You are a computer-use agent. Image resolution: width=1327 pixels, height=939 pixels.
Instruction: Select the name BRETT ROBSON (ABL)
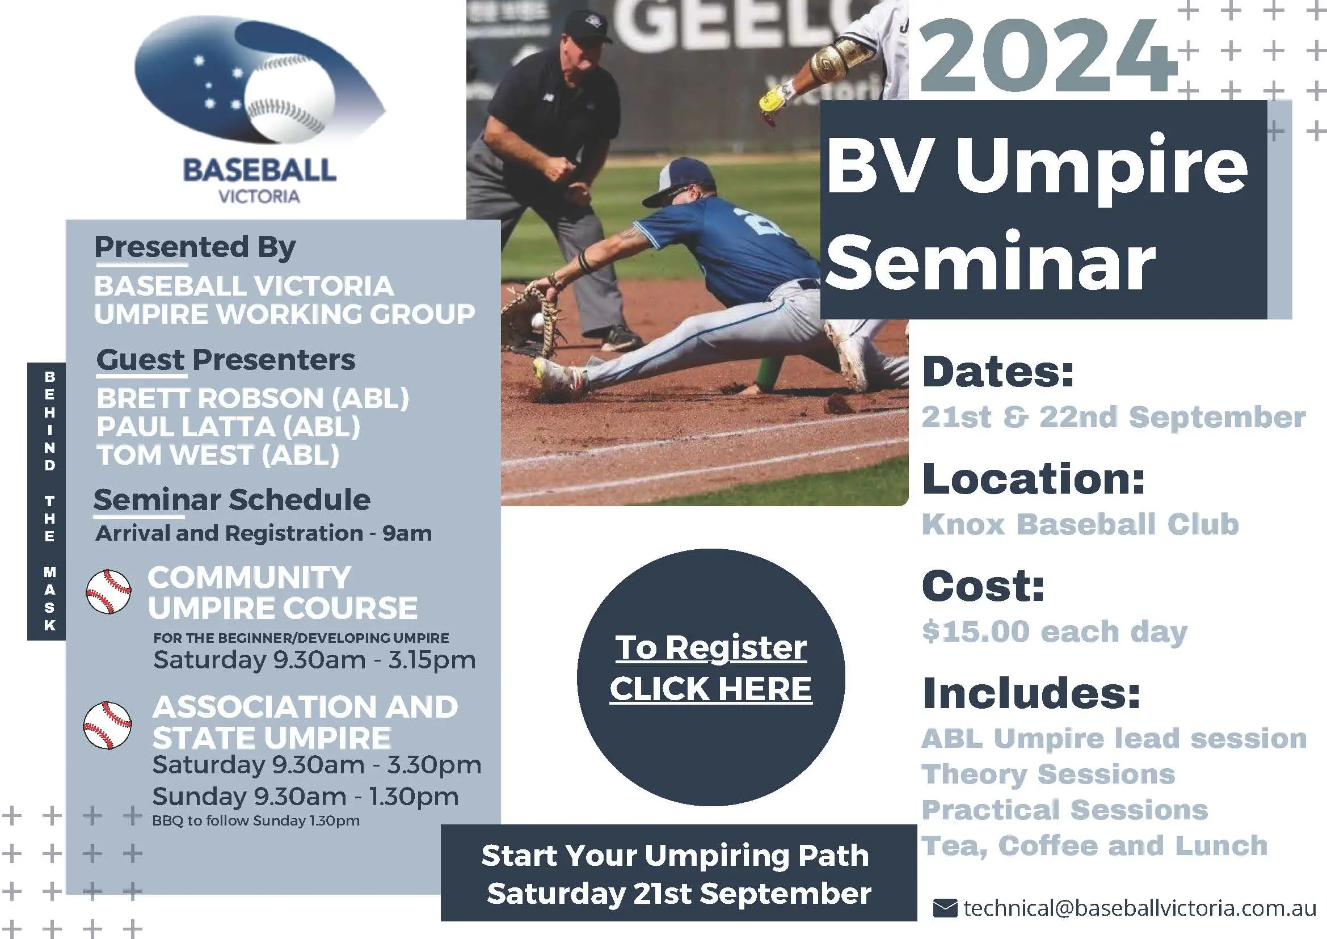coord(252,398)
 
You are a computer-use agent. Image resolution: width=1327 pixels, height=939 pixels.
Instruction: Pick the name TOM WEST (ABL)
coord(217,455)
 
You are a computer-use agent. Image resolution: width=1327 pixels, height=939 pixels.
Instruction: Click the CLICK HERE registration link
coord(711,689)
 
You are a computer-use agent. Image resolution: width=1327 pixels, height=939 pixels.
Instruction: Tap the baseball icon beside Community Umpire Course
coord(108,592)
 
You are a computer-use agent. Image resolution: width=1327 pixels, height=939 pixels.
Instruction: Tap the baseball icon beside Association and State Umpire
coord(107,725)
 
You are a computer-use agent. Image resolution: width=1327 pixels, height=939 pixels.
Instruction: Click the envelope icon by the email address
coord(945,908)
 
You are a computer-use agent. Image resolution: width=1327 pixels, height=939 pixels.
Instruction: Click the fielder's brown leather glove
coord(529,321)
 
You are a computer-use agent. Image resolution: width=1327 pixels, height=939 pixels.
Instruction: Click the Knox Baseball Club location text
coord(1080,524)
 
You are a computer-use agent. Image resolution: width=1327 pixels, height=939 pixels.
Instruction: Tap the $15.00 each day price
coord(1054,631)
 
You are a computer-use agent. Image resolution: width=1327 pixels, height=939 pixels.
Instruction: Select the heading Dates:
coord(997,372)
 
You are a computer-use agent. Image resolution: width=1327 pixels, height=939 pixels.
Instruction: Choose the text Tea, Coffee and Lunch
coord(1094,846)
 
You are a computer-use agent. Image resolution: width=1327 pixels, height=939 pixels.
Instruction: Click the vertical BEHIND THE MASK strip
coord(49,501)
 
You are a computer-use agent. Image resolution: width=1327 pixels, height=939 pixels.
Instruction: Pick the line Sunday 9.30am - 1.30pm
coord(305,797)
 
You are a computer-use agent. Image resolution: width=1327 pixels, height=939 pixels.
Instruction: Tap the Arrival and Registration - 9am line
coord(263,533)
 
